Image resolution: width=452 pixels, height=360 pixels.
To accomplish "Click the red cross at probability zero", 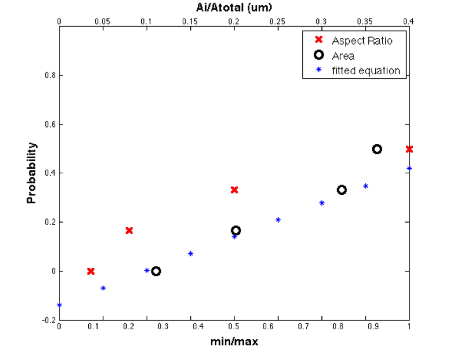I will (x=91, y=271).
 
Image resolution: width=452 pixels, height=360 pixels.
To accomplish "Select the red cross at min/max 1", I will (x=409, y=149).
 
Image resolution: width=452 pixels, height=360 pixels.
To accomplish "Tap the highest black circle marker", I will (x=377, y=149).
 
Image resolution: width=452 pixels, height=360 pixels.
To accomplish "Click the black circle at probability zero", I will (x=156, y=271).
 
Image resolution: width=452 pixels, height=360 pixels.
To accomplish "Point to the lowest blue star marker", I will (x=60, y=305).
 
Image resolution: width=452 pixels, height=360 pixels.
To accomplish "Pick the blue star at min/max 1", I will (x=409, y=168).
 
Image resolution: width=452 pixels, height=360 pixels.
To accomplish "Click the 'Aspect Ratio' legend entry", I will (x=362, y=41).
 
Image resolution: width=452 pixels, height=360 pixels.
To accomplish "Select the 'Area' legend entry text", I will (x=343, y=56).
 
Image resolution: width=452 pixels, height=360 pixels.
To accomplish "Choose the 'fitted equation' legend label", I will (x=366, y=71).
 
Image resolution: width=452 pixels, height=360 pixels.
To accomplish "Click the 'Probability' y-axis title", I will (x=31, y=173).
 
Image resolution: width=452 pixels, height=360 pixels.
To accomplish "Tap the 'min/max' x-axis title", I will (x=234, y=341).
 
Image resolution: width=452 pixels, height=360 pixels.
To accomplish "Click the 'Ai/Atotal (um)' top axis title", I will (x=234, y=8).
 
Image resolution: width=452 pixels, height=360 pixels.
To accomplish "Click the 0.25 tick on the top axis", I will (x=278, y=21).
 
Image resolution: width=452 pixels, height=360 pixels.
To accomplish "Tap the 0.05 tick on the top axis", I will (x=103, y=21).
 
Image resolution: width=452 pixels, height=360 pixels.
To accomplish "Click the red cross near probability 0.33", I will (x=234, y=190).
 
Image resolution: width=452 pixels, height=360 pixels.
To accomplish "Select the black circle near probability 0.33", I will (x=342, y=190).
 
